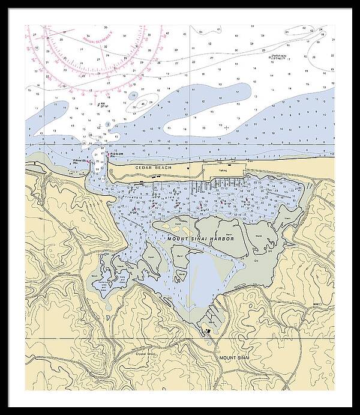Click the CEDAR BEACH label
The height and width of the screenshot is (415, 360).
point(154,168)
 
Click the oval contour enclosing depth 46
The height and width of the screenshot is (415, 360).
point(142,103)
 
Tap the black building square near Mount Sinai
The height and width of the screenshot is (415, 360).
point(208,330)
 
